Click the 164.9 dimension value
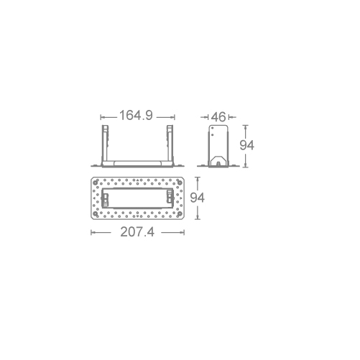click(x=136, y=115)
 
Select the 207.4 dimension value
click(x=137, y=232)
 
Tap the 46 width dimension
click(x=218, y=117)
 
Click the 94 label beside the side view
click(x=247, y=145)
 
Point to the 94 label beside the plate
click(x=198, y=198)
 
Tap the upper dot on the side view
click(x=212, y=128)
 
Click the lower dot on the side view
click(x=213, y=135)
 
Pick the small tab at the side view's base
click(x=218, y=164)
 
